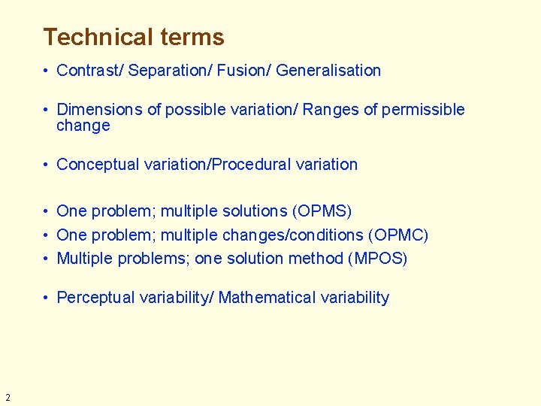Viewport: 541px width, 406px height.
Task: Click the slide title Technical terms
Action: point(134,37)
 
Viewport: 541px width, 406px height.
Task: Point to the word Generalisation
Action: point(328,71)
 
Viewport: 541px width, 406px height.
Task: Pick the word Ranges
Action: point(331,110)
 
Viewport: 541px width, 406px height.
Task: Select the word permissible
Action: point(423,110)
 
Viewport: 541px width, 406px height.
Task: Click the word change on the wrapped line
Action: point(83,126)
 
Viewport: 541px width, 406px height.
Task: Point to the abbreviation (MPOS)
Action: point(377,259)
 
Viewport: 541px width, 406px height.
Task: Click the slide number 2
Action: point(8,398)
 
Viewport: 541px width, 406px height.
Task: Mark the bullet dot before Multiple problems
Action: point(47,259)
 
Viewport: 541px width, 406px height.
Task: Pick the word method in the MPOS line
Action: point(318,259)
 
